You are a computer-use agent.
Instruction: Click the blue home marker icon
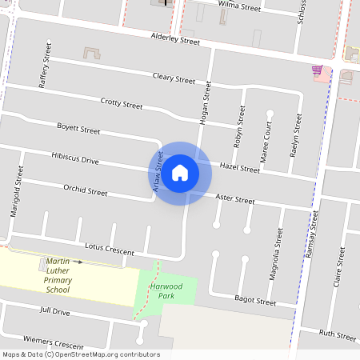(180, 172)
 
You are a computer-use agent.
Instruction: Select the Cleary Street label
(174, 78)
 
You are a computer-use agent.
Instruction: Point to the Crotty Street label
(122, 104)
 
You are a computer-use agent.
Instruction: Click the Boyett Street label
(78, 128)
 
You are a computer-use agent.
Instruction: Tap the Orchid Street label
(85, 190)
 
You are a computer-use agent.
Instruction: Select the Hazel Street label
(239, 169)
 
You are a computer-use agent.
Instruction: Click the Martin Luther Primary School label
(69, 275)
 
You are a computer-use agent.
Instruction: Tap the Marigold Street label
(14, 192)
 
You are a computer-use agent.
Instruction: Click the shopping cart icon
(318, 70)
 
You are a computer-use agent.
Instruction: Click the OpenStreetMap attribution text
(81, 354)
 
